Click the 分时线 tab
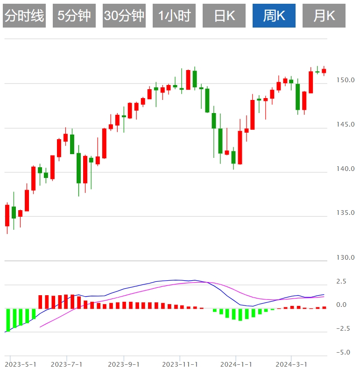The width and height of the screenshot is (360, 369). click(24, 16)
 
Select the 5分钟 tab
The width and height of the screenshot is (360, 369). click(74, 16)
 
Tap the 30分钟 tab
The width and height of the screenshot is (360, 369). click(124, 16)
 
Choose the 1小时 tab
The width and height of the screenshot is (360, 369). click(174, 16)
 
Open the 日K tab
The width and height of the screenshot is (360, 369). click(224, 16)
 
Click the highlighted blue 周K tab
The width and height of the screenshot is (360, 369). click(274, 16)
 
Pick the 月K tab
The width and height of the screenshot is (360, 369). click(324, 16)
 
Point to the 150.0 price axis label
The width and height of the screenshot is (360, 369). click(346, 80)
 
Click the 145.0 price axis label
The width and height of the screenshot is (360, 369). click(346, 124)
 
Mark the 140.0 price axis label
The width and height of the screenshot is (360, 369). click(346, 169)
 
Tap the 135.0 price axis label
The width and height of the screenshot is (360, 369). click(346, 213)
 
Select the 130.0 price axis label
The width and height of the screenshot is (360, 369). click(346, 257)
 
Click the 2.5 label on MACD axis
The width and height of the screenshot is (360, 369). click(341, 282)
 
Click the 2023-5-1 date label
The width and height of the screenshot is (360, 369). click(21, 364)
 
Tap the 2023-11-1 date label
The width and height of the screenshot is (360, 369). click(180, 364)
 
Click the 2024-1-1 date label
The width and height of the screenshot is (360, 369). click(236, 364)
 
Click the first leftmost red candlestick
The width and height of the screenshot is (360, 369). click(7, 215)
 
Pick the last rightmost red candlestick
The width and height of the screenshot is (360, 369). click(324, 71)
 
